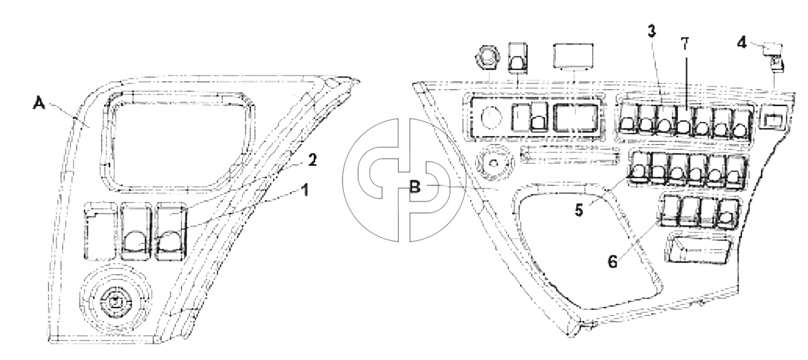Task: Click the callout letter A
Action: [x=39, y=103]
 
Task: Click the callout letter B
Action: [x=415, y=187]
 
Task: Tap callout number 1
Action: [x=304, y=191]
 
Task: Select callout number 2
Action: [x=312, y=160]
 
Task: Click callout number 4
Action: [x=741, y=42]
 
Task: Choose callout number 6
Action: [x=612, y=261]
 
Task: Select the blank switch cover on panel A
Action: [x=101, y=231]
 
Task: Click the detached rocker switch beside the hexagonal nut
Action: [x=519, y=58]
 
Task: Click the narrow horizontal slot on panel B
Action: [x=570, y=154]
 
